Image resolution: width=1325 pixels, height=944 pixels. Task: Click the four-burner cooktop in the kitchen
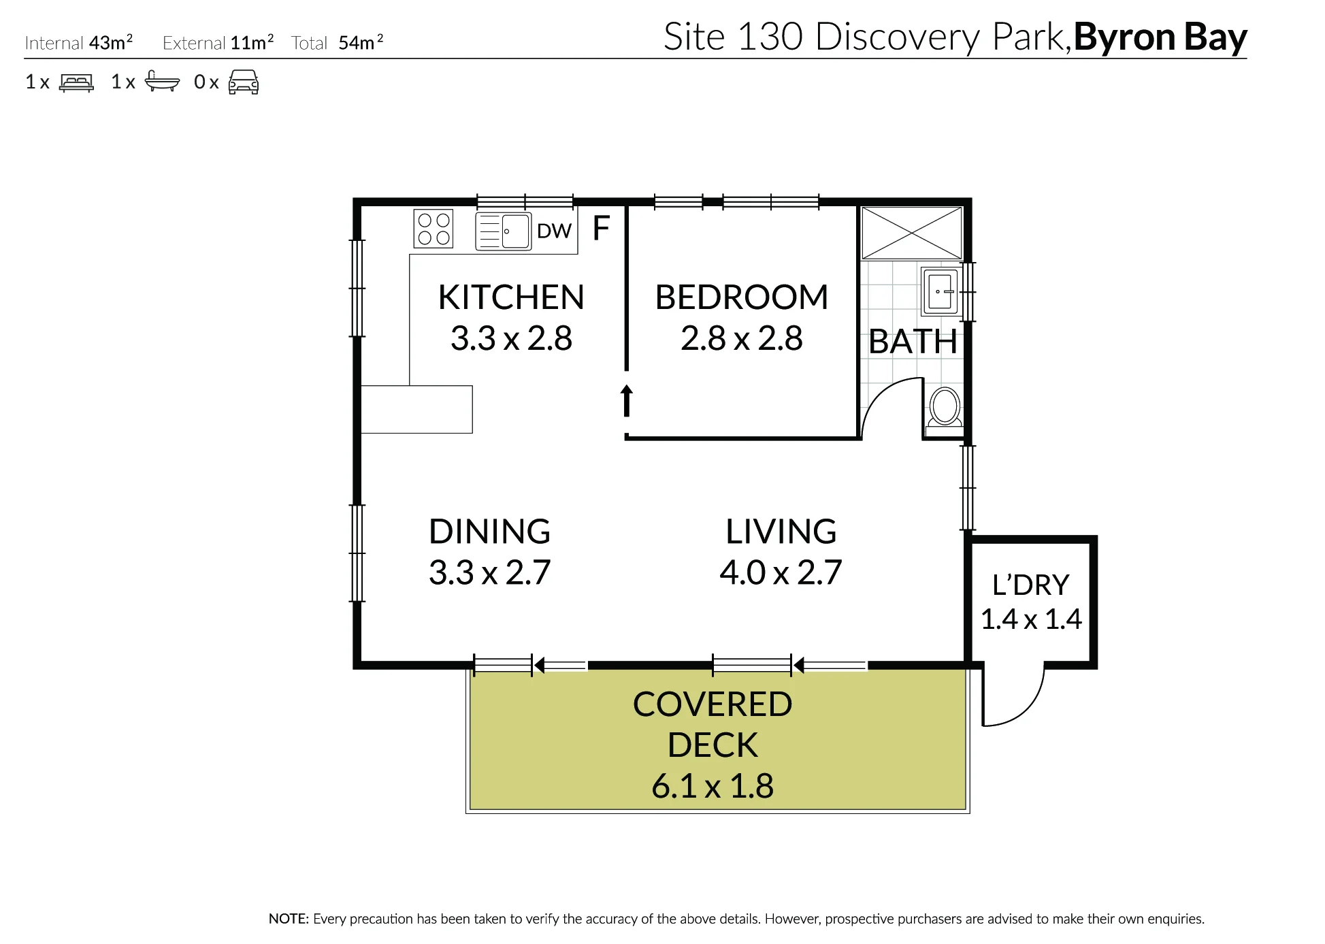click(434, 229)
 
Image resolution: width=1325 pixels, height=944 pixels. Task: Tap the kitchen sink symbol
click(503, 231)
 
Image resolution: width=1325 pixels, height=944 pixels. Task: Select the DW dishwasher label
click(554, 231)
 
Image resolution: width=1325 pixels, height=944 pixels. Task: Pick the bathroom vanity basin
click(940, 291)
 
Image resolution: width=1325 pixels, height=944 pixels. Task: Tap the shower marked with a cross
click(912, 233)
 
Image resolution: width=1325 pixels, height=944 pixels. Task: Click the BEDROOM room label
click(742, 297)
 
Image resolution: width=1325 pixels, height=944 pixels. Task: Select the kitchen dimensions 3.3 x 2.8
click(511, 338)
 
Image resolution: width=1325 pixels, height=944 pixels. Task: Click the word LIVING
click(781, 532)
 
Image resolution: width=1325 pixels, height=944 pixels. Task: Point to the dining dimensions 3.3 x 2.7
click(489, 572)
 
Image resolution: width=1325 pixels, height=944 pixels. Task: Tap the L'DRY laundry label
click(1030, 585)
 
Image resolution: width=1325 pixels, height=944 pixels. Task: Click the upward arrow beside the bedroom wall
click(627, 400)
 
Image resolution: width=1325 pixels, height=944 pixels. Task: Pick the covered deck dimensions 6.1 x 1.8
click(713, 786)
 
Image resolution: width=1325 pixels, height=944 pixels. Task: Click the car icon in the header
click(243, 82)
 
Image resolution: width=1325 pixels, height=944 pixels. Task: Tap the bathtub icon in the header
click(162, 82)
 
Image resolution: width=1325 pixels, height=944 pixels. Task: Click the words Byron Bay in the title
click(1160, 37)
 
